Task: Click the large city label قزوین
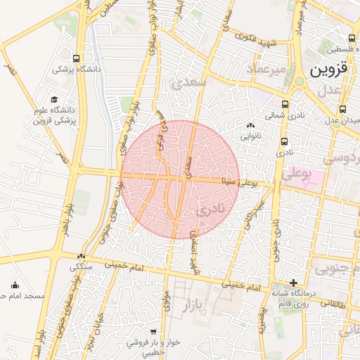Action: pos(329,72)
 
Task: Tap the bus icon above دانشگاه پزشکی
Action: pos(76,58)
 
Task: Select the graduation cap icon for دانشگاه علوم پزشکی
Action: pos(54,101)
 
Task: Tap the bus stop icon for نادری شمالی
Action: pos(285,103)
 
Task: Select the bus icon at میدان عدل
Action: pos(342,109)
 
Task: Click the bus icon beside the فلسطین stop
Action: pos(352,39)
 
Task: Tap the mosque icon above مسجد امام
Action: pos(15,285)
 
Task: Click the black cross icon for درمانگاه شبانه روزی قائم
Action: pos(293,282)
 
